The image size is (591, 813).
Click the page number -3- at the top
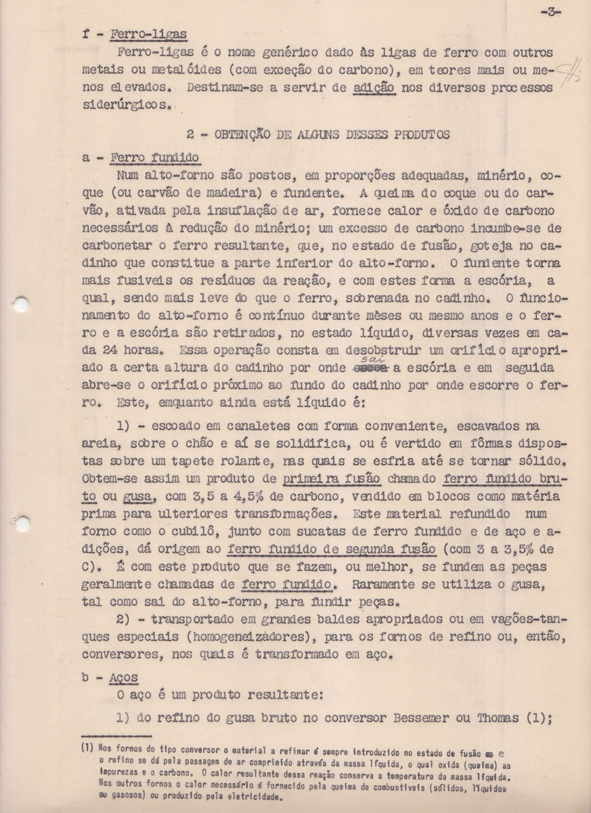point(550,12)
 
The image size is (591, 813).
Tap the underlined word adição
point(374,88)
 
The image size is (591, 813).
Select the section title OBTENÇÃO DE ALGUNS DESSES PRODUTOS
point(318,134)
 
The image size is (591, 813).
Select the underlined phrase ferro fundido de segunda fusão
point(319,549)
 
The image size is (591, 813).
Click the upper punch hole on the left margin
point(21,304)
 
